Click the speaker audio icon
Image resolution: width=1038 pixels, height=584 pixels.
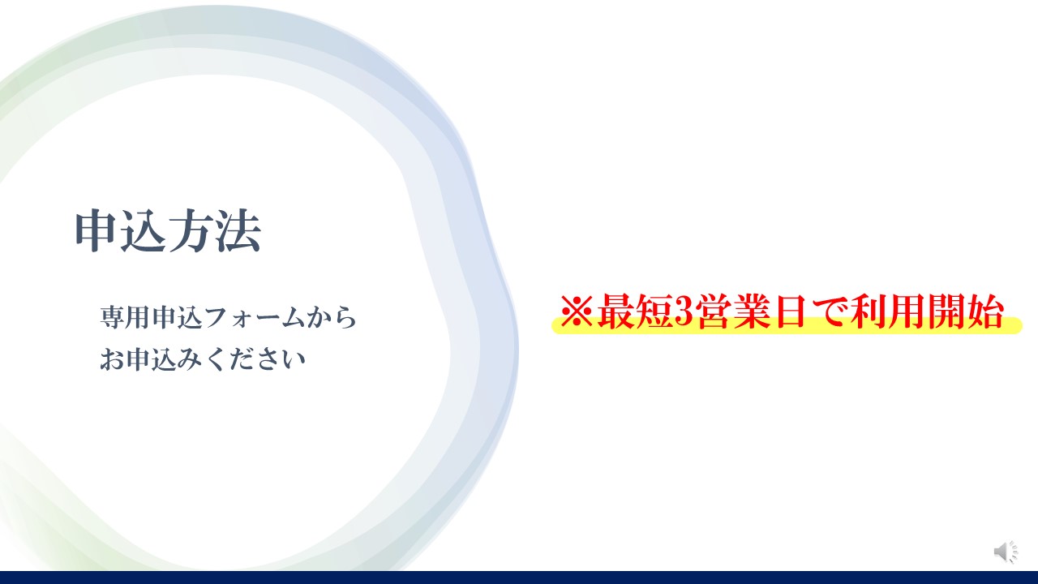click(1006, 552)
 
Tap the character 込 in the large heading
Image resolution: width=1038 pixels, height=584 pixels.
click(142, 231)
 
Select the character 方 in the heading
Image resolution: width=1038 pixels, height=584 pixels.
click(191, 231)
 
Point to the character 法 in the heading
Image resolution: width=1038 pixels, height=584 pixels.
click(238, 231)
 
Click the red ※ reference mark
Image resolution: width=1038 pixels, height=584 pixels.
click(576, 311)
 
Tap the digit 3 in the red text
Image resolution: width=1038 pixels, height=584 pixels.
click(683, 311)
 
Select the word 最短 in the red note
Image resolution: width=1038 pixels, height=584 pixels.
click(635, 311)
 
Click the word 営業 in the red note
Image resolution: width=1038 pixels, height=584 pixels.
click(732, 311)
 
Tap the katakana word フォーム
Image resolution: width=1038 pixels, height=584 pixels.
click(254, 318)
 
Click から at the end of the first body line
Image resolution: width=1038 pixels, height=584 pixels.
click(332, 317)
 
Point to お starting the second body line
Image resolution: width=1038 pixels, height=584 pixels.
click(111, 359)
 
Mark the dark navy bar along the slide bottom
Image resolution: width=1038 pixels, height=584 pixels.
click(519, 578)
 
